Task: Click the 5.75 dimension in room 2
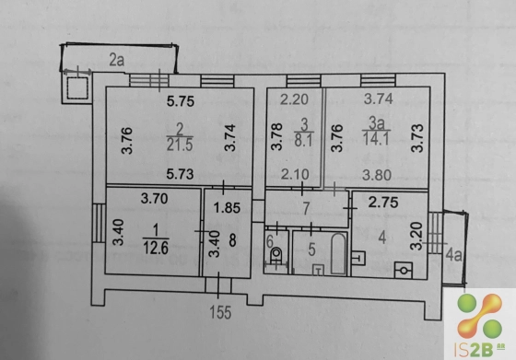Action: [181, 101]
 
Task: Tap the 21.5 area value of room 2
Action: [180, 145]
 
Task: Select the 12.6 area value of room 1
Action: [156, 248]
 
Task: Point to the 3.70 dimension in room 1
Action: [155, 199]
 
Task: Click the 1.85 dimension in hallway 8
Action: [227, 208]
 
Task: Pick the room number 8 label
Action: [232, 240]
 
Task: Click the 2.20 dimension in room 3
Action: [294, 99]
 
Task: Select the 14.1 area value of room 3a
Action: [376, 138]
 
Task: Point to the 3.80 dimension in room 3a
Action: [377, 175]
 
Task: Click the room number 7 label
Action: [306, 208]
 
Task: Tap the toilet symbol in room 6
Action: [276, 256]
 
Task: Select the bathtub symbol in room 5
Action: [339, 253]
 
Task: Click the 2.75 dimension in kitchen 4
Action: [383, 203]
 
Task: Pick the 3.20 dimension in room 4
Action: [416, 236]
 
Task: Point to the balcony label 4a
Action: [453, 255]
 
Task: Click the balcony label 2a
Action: [117, 61]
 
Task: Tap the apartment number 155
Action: [220, 312]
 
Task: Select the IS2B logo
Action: [480, 325]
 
